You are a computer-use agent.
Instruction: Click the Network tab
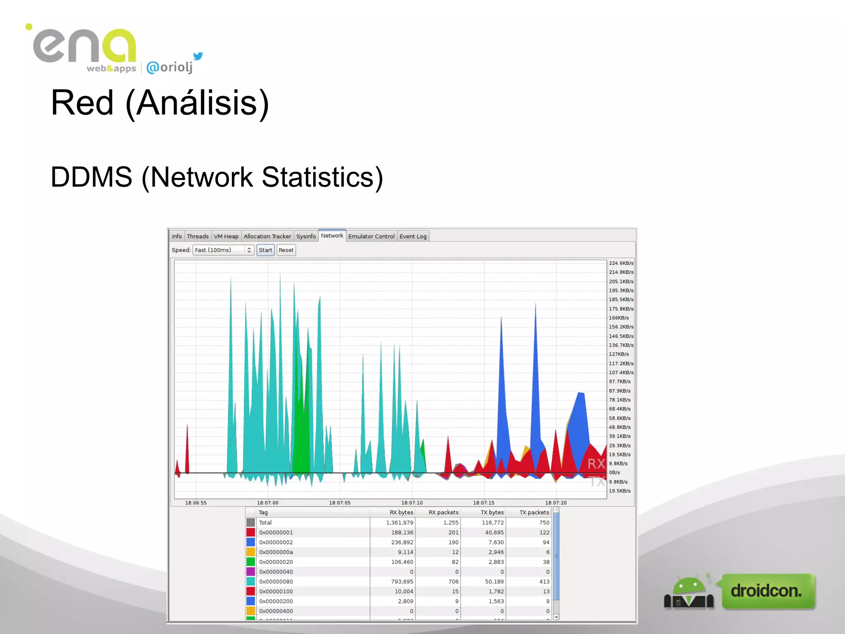click(332, 236)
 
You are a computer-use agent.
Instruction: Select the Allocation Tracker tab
click(267, 237)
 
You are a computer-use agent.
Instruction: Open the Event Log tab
click(413, 237)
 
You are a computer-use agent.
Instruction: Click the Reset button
click(286, 250)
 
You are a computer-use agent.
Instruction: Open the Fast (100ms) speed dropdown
click(223, 250)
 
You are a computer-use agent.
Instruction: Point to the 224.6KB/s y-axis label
click(621, 263)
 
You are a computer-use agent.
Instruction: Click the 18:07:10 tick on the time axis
click(412, 503)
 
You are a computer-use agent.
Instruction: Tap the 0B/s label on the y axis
click(614, 473)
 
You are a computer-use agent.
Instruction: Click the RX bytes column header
click(401, 513)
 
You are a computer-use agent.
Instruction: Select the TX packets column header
click(534, 513)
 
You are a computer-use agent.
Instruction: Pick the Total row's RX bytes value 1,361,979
click(399, 523)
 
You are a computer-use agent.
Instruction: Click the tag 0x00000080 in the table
click(276, 582)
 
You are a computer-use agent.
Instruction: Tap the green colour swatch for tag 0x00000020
click(250, 562)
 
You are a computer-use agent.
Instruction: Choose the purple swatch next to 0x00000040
click(250, 572)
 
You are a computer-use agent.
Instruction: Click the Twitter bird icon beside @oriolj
click(198, 56)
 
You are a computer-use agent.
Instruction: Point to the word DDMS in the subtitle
click(91, 177)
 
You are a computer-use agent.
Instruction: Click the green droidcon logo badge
click(767, 591)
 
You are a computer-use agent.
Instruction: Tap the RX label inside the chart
click(596, 464)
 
